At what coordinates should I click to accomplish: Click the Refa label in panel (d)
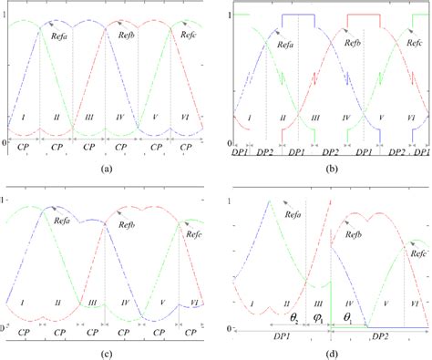pos(290,209)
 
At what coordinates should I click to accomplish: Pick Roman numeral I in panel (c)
pos(26,297)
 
